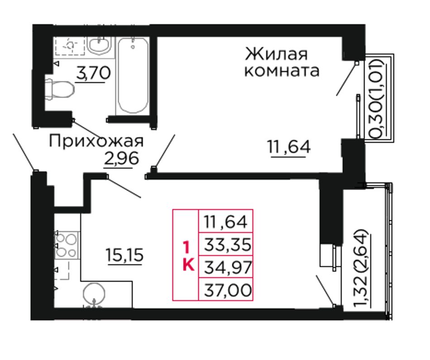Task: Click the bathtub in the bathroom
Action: (133, 76)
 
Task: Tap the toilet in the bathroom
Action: (59, 89)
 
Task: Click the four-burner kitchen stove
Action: (67, 245)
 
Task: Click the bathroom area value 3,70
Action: (93, 73)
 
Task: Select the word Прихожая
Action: (96, 142)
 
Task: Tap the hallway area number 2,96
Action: (121, 158)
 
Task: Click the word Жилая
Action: (276, 54)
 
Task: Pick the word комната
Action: (282, 71)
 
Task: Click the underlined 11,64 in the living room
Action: (289, 147)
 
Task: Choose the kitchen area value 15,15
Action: (124, 255)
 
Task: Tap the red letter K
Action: (188, 265)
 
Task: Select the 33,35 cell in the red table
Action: (226, 244)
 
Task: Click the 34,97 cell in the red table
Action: (226, 267)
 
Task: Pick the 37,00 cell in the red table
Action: (226, 289)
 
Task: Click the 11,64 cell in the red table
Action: (226, 221)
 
